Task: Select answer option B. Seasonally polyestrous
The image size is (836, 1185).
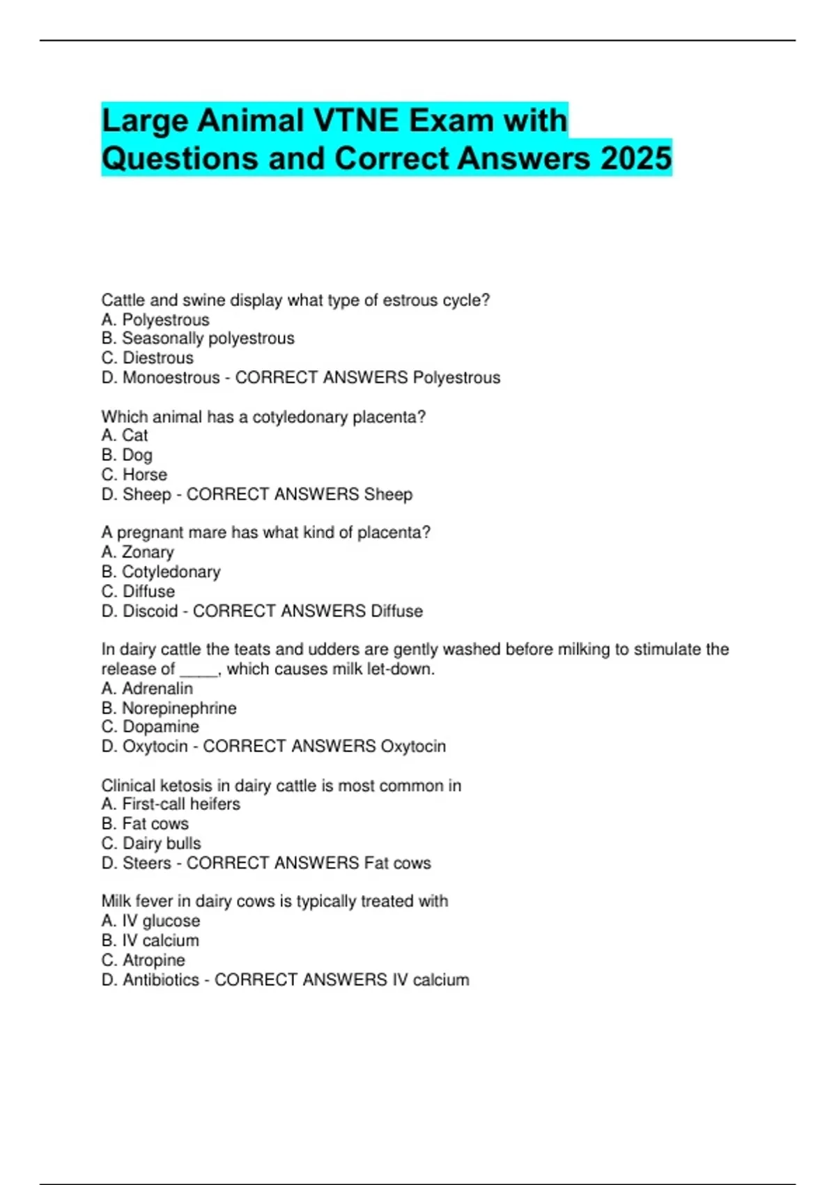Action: click(198, 338)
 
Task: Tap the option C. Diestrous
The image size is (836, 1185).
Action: click(147, 358)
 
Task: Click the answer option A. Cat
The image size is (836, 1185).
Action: click(125, 435)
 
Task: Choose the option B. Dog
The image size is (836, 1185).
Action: click(127, 454)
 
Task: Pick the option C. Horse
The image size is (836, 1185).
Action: click(134, 474)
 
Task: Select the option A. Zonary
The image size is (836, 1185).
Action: click(137, 552)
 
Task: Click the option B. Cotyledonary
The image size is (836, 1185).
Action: click(161, 572)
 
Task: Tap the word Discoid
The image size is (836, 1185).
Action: click(150, 611)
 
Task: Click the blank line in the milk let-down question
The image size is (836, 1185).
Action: click(199, 671)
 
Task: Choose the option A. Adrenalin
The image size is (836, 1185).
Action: click(147, 688)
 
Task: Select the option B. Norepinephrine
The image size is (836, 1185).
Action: click(169, 708)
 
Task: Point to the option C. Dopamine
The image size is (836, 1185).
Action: click(150, 726)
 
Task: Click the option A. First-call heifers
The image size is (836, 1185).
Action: click(171, 804)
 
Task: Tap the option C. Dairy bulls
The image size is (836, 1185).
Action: click(151, 843)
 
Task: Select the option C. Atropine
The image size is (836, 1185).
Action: click(143, 960)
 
